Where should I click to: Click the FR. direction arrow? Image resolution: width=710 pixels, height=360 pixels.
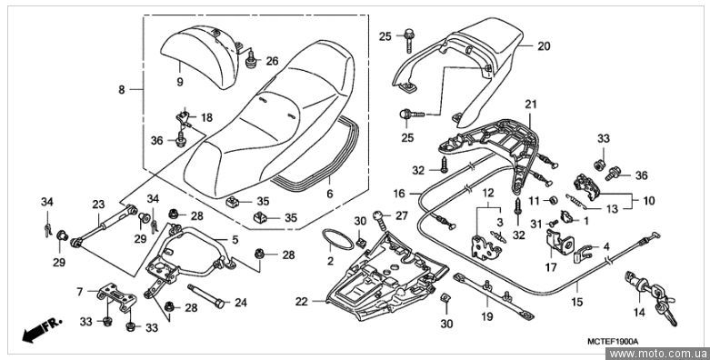(x=42, y=330)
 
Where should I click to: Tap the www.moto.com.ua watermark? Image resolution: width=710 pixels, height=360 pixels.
(x=659, y=354)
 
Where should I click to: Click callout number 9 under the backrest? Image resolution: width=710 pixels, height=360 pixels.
(x=180, y=82)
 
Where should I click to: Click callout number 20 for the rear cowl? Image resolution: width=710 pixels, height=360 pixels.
(x=544, y=46)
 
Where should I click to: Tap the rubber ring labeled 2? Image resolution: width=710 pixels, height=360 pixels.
(x=337, y=240)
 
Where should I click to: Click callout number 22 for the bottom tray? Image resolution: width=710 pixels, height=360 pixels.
(x=302, y=301)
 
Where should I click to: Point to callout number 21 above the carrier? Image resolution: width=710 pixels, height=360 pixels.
(x=530, y=105)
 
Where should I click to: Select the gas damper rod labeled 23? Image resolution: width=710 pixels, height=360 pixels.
(x=105, y=225)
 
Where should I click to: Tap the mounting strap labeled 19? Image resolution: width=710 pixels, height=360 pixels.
(x=494, y=295)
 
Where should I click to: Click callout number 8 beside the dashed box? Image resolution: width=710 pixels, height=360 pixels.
(x=121, y=90)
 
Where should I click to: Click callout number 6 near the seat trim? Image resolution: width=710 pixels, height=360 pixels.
(x=329, y=194)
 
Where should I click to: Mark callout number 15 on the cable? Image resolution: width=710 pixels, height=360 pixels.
(x=577, y=302)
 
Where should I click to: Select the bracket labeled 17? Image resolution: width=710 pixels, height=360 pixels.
(x=559, y=245)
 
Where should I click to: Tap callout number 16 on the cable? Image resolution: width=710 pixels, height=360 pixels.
(x=399, y=194)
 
